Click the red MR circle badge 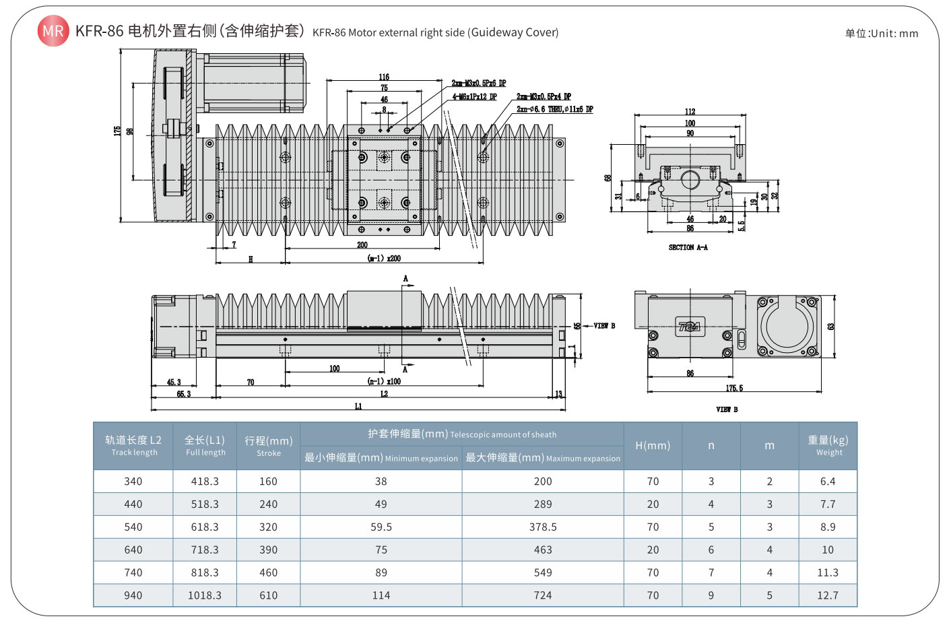tap(53, 31)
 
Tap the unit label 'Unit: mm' tap(882, 33)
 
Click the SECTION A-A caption tap(688, 247)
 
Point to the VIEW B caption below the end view tap(727, 409)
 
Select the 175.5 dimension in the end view tap(734, 388)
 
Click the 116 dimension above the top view tap(384, 77)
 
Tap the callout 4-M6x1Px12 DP tap(475, 97)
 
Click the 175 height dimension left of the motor tap(117, 131)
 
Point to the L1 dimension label tap(358, 406)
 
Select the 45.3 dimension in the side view tap(174, 382)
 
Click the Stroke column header tap(268, 446)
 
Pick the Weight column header tap(828, 446)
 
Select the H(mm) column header tap(653, 446)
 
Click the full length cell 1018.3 tap(205, 595)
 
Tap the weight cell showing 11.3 tap(828, 572)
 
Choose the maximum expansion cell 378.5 tap(543, 527)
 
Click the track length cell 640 tap(133, 550)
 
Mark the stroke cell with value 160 tap(268, 482)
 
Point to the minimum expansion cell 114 tap(381, 595)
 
